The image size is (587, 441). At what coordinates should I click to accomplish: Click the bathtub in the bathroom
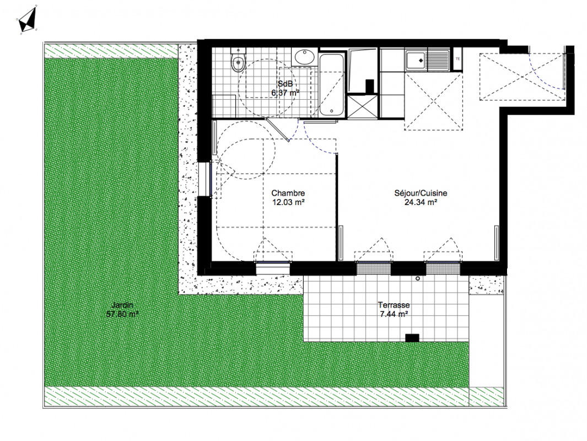click(x=332, y=85)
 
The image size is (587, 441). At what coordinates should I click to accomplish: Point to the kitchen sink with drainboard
click(x=427, y=60)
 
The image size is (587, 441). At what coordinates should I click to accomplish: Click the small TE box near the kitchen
click(x=458, y=59)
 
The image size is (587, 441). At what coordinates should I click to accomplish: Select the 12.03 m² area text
click(x=288, y=202)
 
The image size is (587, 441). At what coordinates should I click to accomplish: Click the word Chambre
click(x=288, y=193)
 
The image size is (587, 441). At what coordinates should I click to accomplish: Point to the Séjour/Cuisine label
click(x=421, y=193)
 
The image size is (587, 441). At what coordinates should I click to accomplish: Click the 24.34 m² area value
click(x=421, y=202)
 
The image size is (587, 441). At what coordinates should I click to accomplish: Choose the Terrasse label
click(x=394, y=305)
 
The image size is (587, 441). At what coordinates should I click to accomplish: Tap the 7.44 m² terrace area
click(x=394, y=314)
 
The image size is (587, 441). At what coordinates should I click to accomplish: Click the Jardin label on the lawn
click(x=122, y=305)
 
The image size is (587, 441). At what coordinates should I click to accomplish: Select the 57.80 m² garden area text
click(x=122, y=314)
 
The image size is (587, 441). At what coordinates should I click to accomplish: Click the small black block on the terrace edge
click(x=412, y=338)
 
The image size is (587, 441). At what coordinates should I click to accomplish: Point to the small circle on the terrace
click(x=418, y=278)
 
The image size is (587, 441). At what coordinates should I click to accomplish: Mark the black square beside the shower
click(x=370, y=86)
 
